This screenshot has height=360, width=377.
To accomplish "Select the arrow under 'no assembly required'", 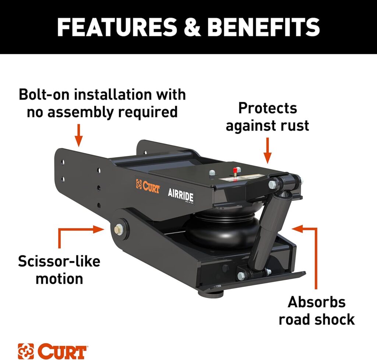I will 78,136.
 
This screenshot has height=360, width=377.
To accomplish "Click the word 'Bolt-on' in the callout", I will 43,94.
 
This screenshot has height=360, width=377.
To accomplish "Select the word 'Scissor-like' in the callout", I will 59,261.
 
